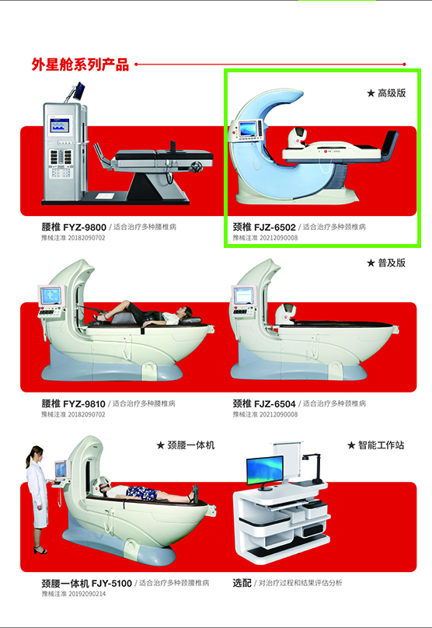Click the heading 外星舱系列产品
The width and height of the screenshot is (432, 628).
coord(80,65)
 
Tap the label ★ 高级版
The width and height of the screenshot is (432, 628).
coord(386,92)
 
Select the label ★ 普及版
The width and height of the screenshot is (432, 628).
coord(386,263)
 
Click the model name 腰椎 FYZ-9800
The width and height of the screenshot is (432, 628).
coord(74,227)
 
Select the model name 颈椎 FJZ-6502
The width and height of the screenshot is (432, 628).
coord(264,227)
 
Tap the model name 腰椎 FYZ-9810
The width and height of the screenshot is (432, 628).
coord(74,404)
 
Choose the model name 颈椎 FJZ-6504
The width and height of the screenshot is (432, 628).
coord(264,404)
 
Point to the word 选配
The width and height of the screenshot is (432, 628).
coord(242,582)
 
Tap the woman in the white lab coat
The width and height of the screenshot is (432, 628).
coord(37,497)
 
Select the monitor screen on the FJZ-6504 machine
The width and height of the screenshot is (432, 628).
coord(242,296)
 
